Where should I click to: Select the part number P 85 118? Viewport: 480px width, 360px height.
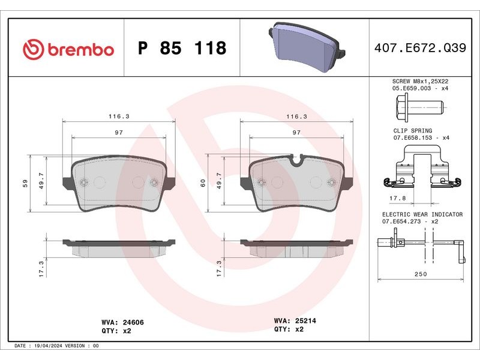pos(182,49)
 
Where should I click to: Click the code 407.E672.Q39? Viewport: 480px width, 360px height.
pos(425,49)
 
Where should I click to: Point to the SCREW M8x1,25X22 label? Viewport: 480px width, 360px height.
pos(420,80)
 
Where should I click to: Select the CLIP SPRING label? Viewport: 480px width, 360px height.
pos(413,130)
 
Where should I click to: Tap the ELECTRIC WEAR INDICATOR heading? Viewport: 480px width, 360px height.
pos(422,214)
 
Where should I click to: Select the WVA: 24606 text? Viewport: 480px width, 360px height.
pos(123,322)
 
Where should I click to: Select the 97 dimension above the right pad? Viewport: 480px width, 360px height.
pos(296,132)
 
